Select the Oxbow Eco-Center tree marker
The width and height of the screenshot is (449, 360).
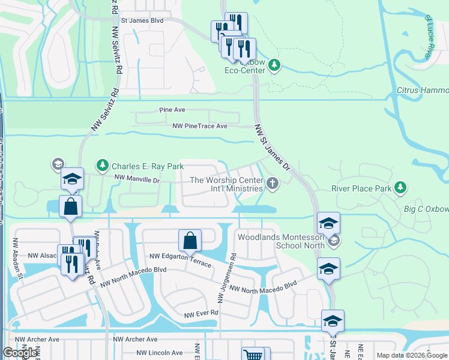coord(274,64)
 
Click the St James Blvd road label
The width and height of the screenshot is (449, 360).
coord(142,20)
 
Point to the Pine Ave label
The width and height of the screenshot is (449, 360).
coord(172,110)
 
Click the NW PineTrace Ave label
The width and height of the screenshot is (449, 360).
coord(200,126)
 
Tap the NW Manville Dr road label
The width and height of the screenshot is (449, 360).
coord(137,179)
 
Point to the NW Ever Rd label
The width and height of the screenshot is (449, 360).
coord(201,314)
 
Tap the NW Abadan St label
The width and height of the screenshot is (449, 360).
coord(20,258)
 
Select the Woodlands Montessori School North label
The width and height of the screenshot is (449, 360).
coord(281,241)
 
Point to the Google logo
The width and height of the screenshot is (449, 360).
coord(20,353)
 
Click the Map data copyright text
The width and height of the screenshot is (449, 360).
coord(411,355)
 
